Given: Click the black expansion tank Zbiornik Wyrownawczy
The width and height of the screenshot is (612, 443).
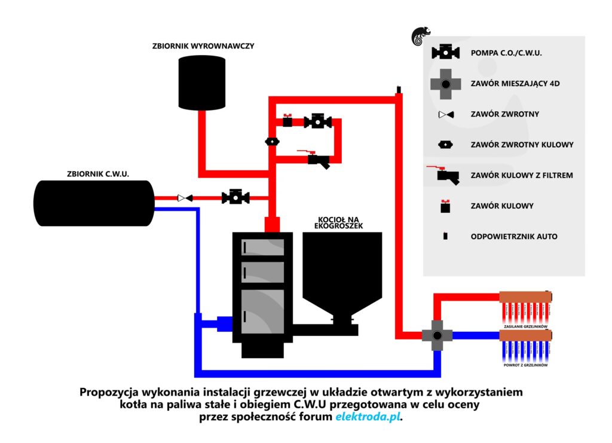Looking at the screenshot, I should click(x=203, y=81).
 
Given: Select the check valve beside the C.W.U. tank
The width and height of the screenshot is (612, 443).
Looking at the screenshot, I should click(x=185, y=197).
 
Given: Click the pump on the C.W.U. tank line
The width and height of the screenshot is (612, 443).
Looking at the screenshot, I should click(x=235, y=197).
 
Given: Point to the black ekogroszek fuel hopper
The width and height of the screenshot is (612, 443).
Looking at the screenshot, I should click(x=342, y=269).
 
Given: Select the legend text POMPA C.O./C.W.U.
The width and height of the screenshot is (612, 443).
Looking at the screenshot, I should click(x=506, y=53).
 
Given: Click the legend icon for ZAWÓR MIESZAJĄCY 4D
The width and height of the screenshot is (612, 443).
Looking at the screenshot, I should click(x=446, y=84).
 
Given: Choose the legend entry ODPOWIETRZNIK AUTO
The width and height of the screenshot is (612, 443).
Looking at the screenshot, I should click(x=514, y=236).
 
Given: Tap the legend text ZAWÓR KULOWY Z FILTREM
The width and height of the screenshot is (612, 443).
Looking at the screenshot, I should click(x=522, y=175).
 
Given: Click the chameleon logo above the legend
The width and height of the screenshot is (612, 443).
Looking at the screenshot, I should click(x=418, y=37).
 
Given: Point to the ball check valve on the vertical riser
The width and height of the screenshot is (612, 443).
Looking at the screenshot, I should click(x=272, y=142).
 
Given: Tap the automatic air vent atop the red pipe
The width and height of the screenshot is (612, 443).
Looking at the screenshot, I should click(x=397, y=90).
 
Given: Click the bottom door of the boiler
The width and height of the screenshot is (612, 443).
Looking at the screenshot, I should click(x=262, y=311).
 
